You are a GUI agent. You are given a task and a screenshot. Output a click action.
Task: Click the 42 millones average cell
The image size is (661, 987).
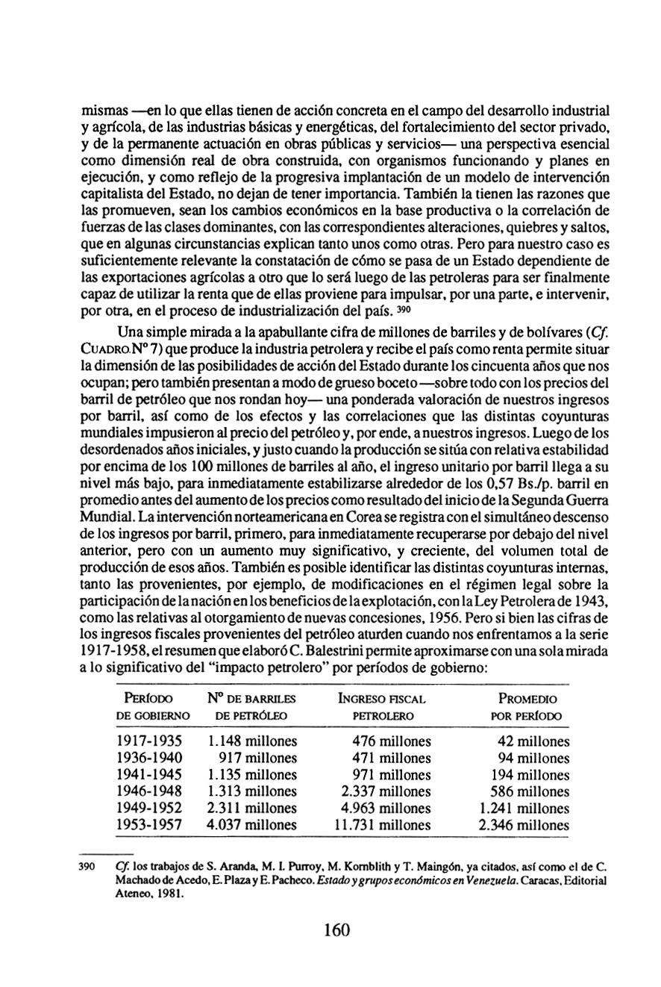(x=533, y=741)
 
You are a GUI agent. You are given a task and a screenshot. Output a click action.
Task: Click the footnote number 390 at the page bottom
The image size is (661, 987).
(x=89, y=868)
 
